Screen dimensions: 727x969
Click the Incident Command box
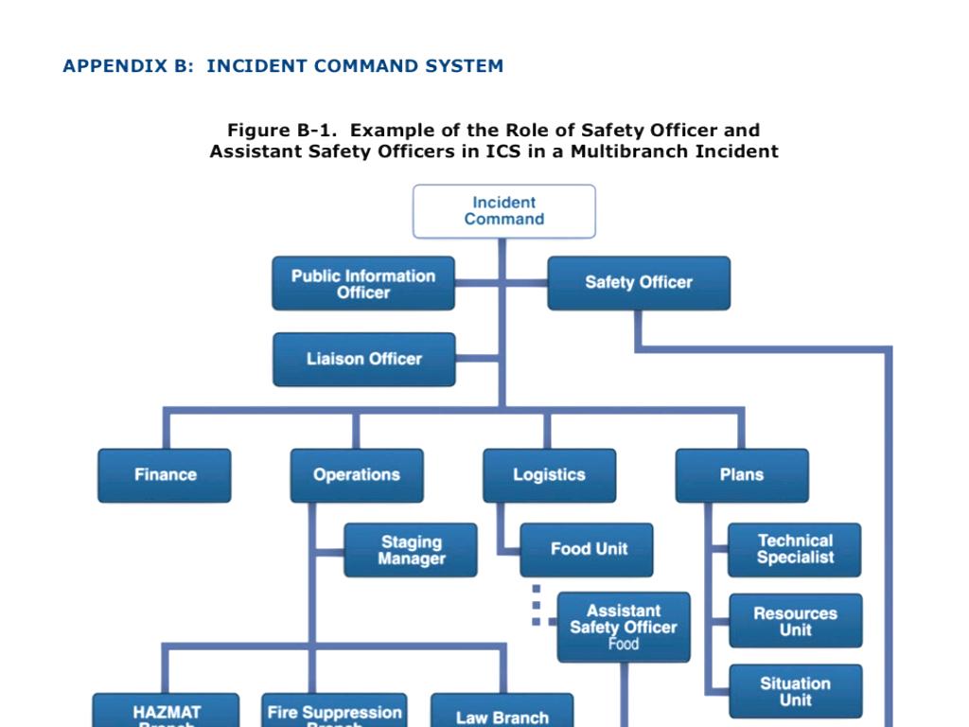pos(504,211)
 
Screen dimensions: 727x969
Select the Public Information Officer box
pos(363,283)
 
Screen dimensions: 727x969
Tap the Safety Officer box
pos(639,282)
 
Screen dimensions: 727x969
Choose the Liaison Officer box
pos(364,359)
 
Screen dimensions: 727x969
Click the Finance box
pos(165,475)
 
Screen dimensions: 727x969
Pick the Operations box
pos(357,475)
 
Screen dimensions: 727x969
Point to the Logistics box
pos(549,475)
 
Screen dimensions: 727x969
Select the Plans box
pos(741,475)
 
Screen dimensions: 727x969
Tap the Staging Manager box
pos(411,550)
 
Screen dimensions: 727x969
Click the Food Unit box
pos(588,549)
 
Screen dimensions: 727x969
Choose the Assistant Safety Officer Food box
pos(623,627)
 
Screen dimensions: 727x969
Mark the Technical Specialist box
pos(795,550)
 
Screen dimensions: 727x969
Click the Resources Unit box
pos(795,621)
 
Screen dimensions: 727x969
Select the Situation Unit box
pos(795,691)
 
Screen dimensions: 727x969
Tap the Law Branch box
pos(502,716)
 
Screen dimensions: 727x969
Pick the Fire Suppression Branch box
pos(334,714)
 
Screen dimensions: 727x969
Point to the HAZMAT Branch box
pos(167,714)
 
